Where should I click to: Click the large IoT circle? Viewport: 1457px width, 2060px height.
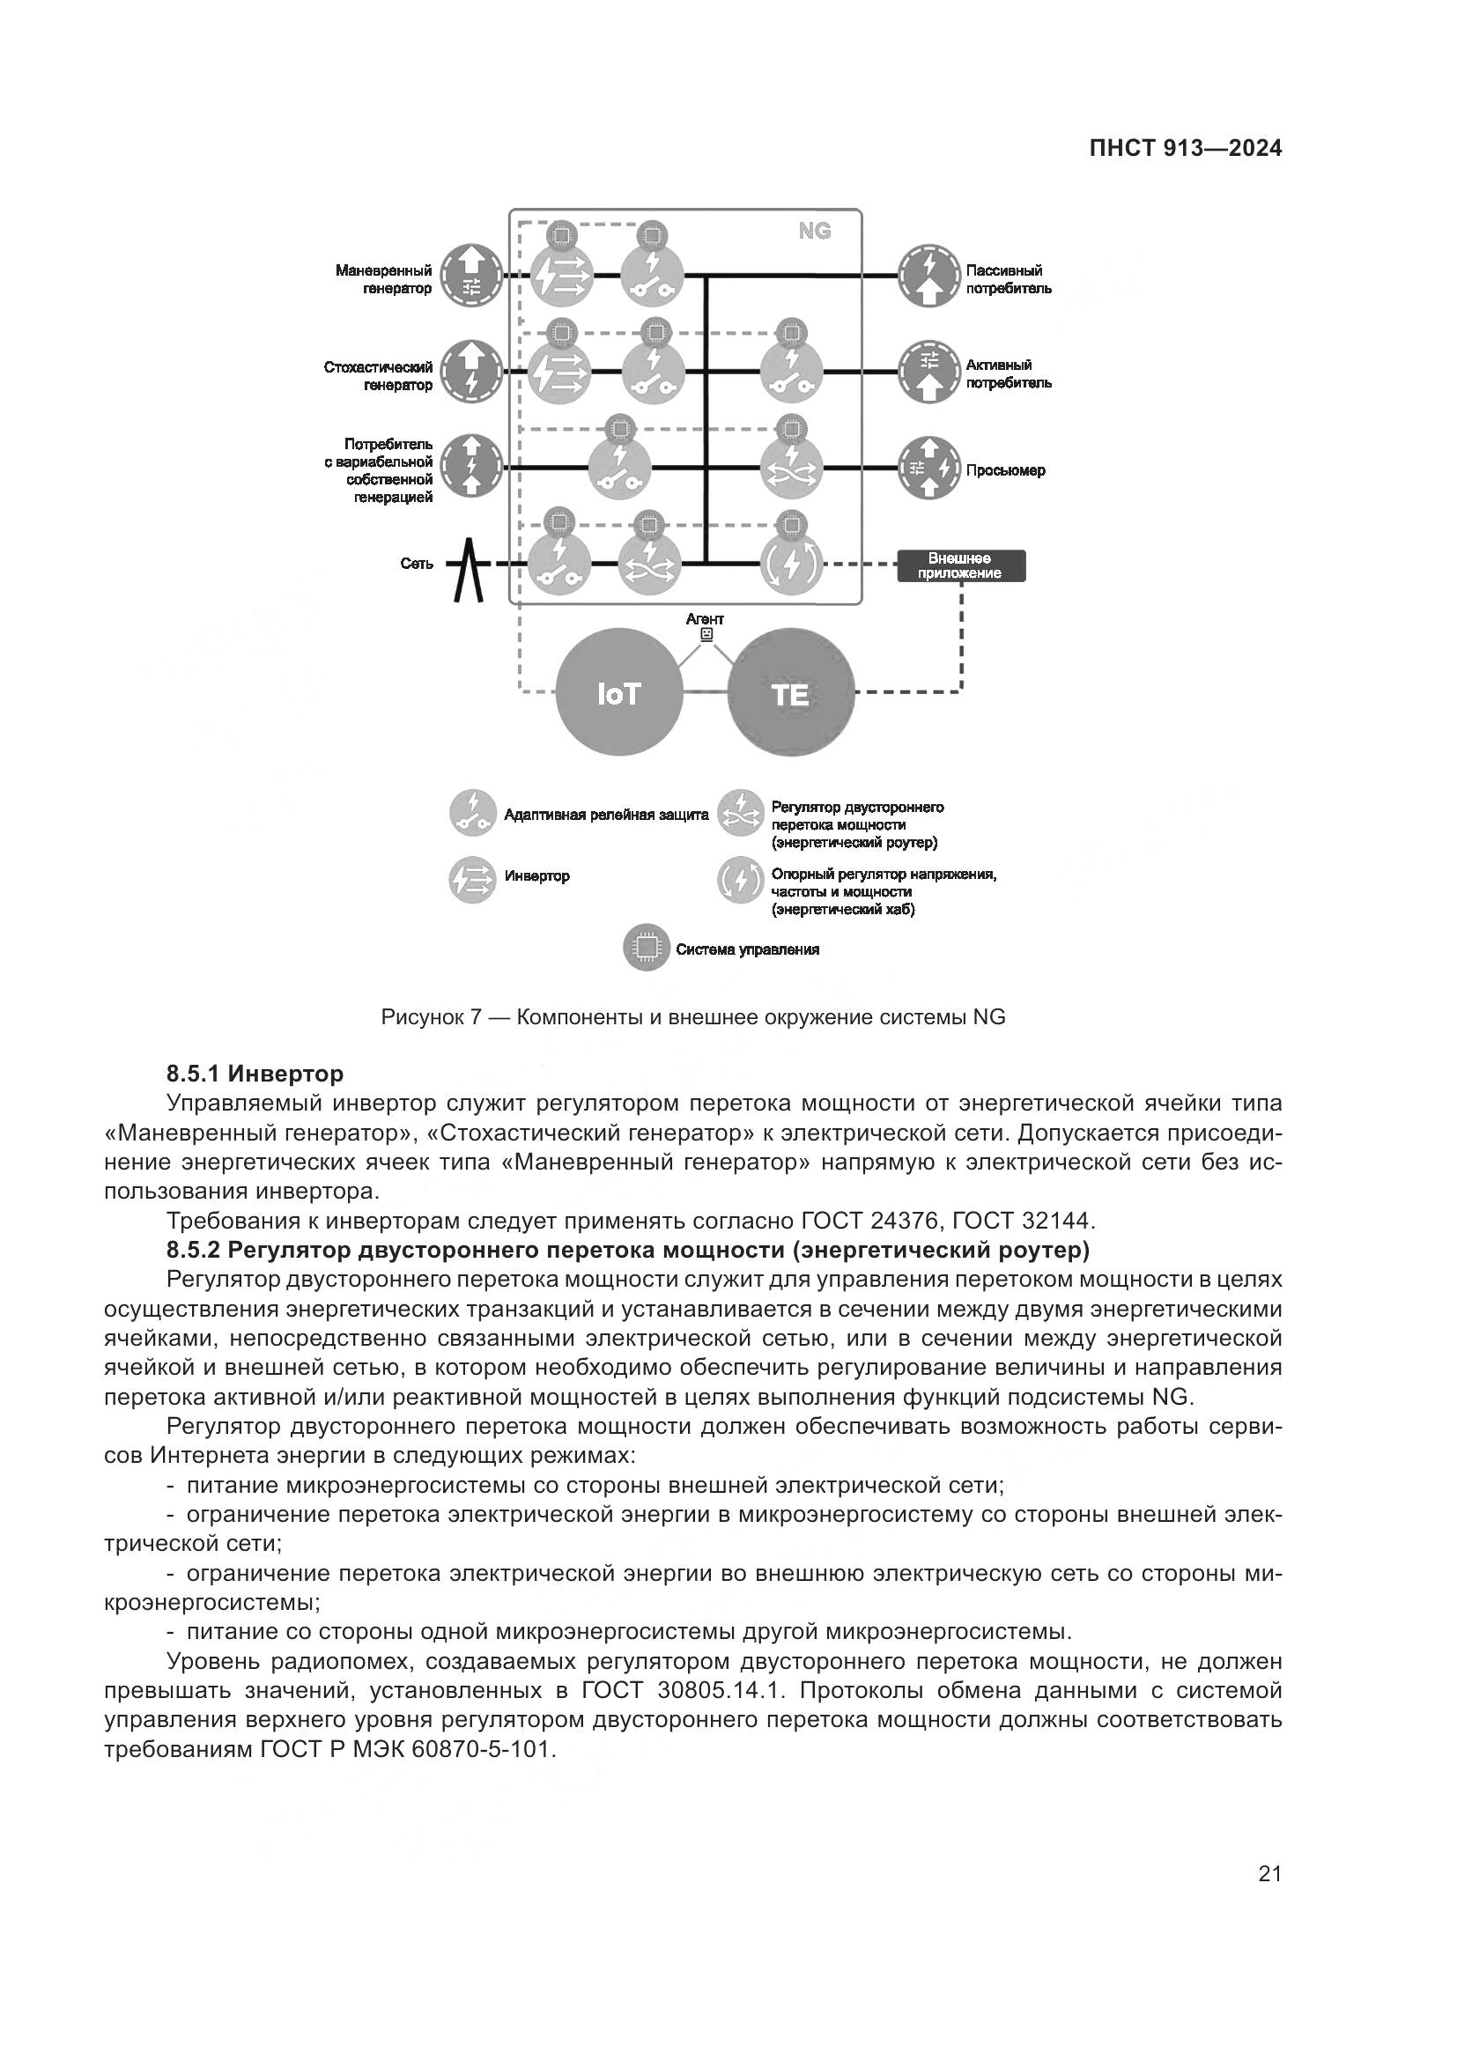tap(619, 693)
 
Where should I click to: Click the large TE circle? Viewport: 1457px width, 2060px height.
tap(790, 693)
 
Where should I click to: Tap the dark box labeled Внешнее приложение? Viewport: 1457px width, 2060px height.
tap(961, 566)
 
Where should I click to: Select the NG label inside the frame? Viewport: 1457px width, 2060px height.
tap(815, 232)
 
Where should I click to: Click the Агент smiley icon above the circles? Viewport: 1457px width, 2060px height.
tap(706, 634)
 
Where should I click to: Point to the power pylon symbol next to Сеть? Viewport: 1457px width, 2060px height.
tap(468, 569)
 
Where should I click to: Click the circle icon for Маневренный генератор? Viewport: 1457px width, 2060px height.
tap(472, 277)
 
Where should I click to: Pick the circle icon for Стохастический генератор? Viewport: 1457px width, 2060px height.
tap(472, 373)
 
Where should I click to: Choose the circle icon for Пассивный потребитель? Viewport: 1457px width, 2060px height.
tap(929, 277)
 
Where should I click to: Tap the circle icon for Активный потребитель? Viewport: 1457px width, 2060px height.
tap(929, 373)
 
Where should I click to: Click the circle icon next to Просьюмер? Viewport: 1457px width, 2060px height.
tap(929, 468)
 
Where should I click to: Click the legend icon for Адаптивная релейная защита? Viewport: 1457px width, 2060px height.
tap(472, 813)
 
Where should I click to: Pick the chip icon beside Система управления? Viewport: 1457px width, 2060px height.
tap(646, 948)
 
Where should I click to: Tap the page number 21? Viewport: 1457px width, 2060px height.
tap(1269, 1873)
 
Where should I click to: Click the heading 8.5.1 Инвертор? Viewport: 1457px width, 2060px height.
tap(255, 1073)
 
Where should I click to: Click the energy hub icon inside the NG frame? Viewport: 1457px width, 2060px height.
tap(790, 564)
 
